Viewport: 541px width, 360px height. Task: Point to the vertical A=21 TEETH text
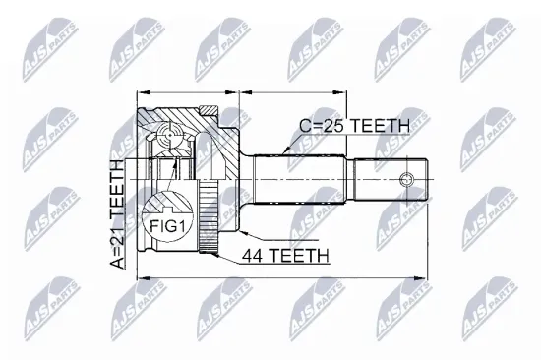(x=117, y=214)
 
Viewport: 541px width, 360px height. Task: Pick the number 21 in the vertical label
(x=117, y=239)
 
